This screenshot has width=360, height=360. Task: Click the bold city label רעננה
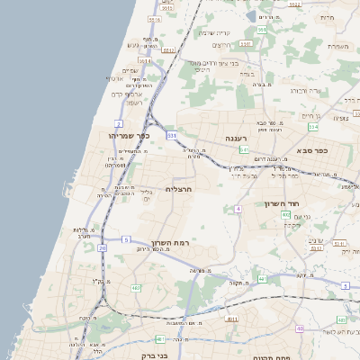pos(237,139)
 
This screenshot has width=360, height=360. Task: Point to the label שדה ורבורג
pos(307,90)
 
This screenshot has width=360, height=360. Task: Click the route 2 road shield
pos(119,123)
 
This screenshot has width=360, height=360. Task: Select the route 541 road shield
pos(243,149)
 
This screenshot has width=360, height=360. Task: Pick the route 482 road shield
pos(136,288)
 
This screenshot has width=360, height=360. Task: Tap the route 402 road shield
pos(285,215)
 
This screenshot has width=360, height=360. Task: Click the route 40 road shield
pos(299,328)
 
